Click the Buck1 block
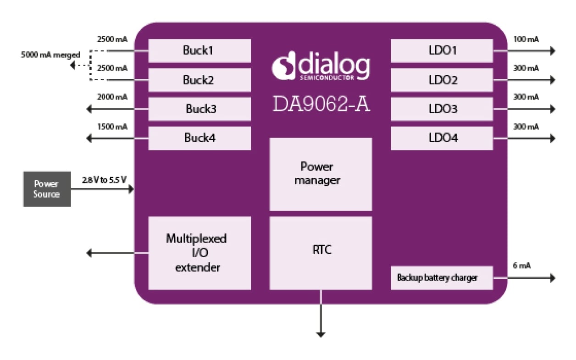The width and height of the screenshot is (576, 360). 199,50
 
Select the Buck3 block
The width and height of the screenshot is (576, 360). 199,109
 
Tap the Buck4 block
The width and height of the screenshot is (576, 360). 199,138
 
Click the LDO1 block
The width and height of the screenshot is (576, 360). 442,50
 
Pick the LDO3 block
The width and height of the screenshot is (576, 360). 442,109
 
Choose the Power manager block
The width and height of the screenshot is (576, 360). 321,174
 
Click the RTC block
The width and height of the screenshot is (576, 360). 321,253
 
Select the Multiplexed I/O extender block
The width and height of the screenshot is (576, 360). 199,253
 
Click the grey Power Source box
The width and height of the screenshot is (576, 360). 47,189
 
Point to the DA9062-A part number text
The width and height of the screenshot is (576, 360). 321,104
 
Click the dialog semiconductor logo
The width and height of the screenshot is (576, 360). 321,68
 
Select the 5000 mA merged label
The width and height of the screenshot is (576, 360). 50,55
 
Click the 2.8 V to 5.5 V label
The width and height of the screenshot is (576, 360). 104,180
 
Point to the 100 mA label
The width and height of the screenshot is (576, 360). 526,39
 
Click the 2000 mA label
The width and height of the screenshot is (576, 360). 112,97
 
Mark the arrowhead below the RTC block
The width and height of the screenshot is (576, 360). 321,334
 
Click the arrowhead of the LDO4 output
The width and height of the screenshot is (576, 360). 552,138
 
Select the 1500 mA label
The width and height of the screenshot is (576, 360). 112,126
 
